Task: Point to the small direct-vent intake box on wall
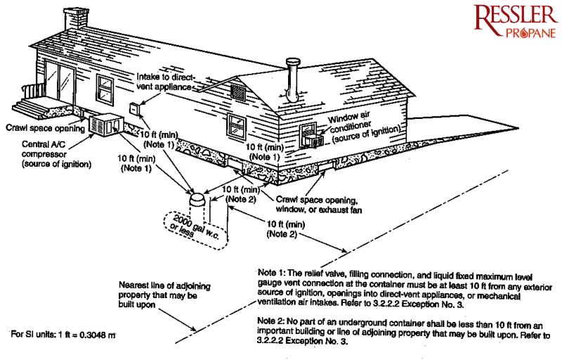tap(133, 108)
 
